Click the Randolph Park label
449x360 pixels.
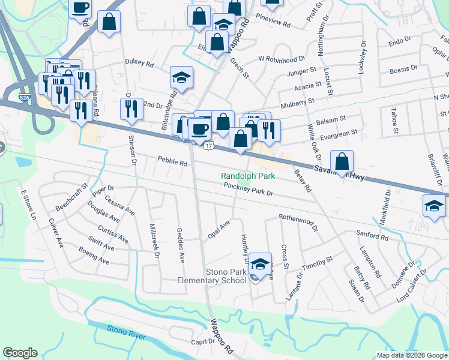click(248, 176)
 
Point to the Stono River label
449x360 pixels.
click(126, 332)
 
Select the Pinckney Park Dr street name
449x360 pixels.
click(248, 193)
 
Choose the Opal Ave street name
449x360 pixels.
click(219, 229)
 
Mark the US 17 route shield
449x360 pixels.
click(206, 146)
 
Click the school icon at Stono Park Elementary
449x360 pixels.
click(260, 263)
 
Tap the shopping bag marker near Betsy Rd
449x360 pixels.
click(342, 161)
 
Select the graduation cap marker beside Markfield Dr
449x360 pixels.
click(434, 205)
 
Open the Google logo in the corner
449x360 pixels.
click(20, 353)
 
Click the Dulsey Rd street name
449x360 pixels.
click(139, 63)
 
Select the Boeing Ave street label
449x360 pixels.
click(96, 260)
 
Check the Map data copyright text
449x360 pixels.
click(411, 355)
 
